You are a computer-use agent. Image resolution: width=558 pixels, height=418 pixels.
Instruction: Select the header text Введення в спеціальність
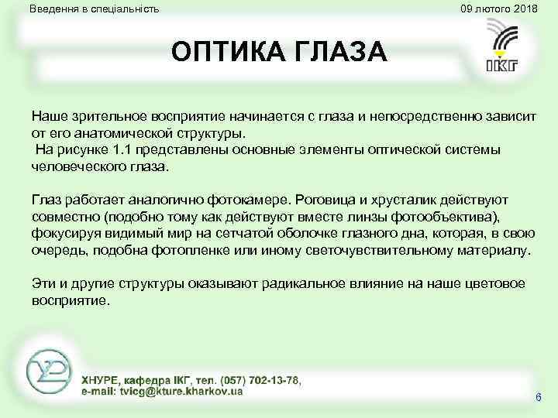[x=94, y=9]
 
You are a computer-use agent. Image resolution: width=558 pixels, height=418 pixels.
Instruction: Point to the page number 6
[x=538, y=397]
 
